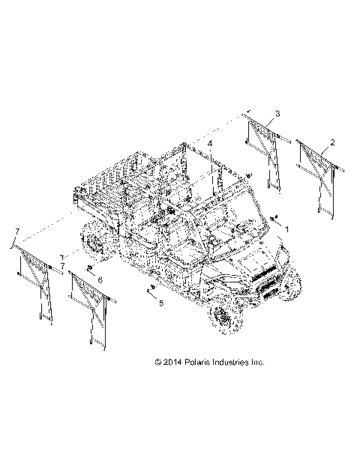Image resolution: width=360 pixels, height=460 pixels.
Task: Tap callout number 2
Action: (332, 143)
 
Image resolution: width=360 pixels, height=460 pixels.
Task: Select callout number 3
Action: (277, 114)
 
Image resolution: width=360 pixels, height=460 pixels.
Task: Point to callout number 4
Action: (210, 143)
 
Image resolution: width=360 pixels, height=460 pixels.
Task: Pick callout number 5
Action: (161, 303)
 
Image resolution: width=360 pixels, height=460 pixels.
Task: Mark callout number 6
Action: (100, 280)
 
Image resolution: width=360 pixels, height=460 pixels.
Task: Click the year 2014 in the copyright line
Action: (172, 363)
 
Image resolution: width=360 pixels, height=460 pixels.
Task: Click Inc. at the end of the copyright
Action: (257, 363)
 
